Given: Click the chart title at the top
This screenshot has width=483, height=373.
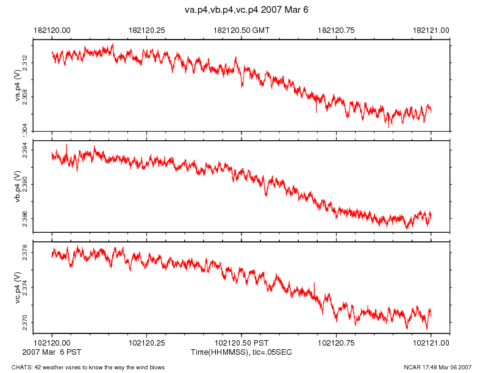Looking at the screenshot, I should pos(241,10).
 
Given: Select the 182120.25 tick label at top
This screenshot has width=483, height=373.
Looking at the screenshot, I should pos(147,29).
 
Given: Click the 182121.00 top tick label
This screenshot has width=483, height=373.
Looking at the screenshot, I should pos(431,29).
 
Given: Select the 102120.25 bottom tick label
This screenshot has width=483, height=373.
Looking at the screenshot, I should pos(147,344).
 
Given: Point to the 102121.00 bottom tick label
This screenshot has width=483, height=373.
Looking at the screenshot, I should pos(431,344).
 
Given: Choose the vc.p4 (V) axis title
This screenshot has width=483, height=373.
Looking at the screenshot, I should pos(18,287).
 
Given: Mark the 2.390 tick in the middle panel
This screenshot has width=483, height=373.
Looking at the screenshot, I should pos(26,184).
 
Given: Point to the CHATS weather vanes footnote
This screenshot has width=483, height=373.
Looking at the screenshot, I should pos(84,367).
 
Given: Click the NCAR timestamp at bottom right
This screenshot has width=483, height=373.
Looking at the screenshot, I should pos(437,367).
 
